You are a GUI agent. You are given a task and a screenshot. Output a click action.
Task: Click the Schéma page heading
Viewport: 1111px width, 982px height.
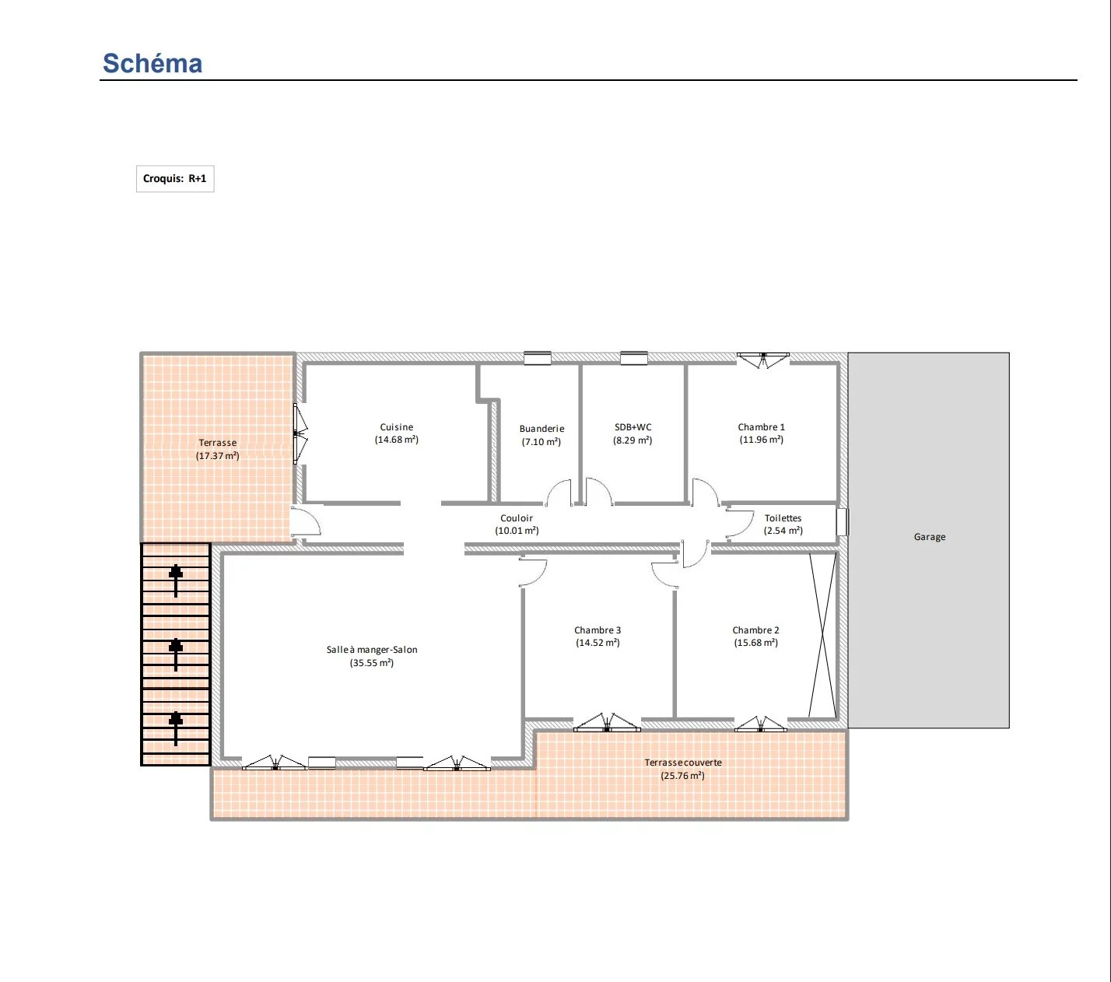coord(152,63)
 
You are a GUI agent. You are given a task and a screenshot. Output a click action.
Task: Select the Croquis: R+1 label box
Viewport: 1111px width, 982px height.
coord(175,178)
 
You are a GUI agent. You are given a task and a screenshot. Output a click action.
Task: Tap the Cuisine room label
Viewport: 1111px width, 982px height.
coord(397,427)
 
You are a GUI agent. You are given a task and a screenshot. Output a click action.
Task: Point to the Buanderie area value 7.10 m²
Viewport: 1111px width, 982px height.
coord(541,442)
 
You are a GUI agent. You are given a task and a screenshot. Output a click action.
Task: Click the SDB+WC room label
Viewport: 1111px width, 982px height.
coord(633,427)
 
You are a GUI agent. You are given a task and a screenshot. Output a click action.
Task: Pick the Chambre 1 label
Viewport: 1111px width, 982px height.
coord(761,427)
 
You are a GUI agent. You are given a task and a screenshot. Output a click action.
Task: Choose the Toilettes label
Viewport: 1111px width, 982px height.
coord(783,518)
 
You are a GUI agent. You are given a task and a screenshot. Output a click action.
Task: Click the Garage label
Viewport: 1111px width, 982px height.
coord(930,537)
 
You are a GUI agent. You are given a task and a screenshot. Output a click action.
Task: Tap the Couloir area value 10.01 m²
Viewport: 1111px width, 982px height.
coord(517,531)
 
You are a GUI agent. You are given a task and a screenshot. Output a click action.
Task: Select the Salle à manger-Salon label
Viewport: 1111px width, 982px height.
coord(372,650)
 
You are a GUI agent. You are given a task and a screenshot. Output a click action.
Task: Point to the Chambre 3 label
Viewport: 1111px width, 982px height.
coord(598,630)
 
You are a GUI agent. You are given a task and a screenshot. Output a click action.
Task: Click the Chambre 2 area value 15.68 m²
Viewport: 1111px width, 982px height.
coord(755,643)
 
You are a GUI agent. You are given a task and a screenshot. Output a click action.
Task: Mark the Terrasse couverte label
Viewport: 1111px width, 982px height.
coord(683,762)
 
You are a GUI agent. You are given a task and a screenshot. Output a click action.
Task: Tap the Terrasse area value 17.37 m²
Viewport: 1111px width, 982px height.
coord(218,455)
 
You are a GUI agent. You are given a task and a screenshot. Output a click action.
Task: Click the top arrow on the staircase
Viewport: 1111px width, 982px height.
coord(176,580)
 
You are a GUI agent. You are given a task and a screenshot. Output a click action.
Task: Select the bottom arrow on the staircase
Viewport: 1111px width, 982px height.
coord(176,728)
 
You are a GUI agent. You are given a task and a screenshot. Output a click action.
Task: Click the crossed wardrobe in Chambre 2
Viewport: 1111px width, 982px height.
coord(822,635)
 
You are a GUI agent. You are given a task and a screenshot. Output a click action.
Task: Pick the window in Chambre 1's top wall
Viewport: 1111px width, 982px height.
coord(762,359)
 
